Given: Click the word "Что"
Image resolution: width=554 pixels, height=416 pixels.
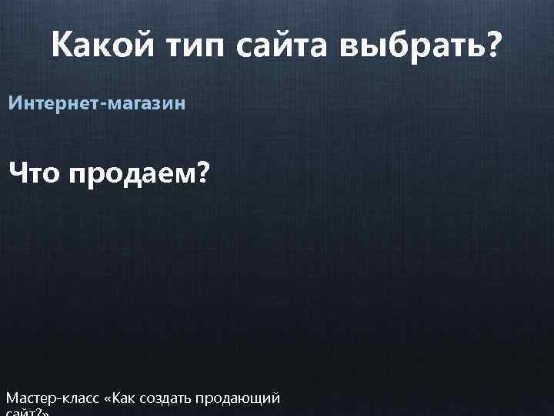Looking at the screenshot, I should point(34,175).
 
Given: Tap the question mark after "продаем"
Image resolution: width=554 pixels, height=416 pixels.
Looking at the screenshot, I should point(201,175).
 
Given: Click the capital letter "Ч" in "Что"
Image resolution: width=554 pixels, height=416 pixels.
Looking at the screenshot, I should point(18,175).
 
